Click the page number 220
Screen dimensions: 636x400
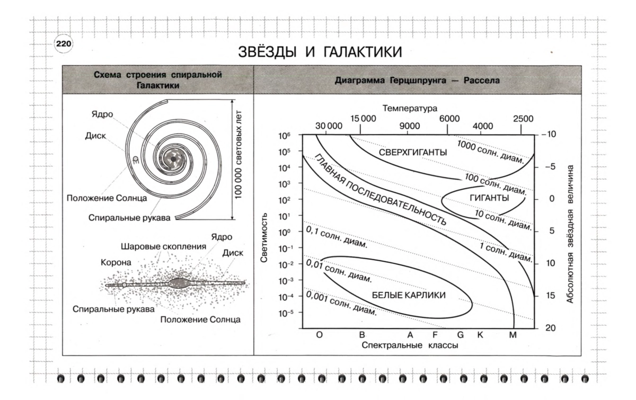point(64,44)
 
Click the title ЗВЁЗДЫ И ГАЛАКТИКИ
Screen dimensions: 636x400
point(320,52)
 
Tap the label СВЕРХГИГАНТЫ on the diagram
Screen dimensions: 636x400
point(413,153)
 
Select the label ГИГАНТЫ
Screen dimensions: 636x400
point(489,198)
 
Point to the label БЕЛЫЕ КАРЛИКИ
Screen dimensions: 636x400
point(409,295)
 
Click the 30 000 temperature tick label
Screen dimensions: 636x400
point(329,126)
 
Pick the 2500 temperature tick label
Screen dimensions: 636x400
point(523,119)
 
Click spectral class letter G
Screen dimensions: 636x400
point(460,335)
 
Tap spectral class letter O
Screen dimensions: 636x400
point(319,335)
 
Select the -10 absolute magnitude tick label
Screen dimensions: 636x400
point(549,134)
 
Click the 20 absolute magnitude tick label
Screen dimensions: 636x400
point(550,328)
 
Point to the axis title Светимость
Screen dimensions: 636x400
point(264,238)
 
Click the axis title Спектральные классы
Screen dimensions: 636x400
point(410,345)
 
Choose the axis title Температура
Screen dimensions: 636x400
point(410,109)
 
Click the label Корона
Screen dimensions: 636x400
point(116,263)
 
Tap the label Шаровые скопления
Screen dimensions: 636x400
point(164,246)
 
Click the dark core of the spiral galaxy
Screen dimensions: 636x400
point(173,159)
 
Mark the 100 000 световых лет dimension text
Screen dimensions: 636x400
point(238,155)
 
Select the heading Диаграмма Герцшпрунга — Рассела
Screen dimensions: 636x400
point(417,81)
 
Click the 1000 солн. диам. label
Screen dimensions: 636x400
point(490,152)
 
